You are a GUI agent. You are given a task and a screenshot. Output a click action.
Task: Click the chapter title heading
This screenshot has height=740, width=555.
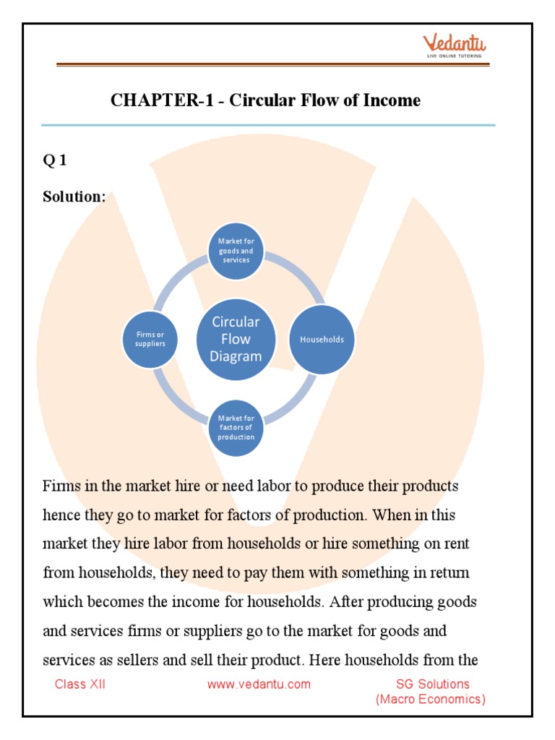coord(265,100)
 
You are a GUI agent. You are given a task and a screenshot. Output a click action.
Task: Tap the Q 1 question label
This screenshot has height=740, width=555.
coord(55,161)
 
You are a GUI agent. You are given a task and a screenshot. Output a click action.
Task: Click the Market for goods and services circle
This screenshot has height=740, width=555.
coord(236,251)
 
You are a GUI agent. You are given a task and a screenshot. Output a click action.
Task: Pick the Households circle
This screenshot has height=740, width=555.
coord(322,339)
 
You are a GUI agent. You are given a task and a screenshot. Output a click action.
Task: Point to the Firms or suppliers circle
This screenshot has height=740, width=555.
coord(150,339)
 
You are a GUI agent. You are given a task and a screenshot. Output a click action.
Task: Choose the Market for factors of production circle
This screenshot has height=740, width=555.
coord(236,427)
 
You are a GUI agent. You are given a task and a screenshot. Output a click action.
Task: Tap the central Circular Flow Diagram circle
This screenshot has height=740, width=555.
coord(236,339)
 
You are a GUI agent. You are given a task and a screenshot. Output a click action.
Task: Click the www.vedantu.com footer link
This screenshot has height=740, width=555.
coord(259,684)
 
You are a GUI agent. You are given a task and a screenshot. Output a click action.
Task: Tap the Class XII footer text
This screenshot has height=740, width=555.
coord(80,684)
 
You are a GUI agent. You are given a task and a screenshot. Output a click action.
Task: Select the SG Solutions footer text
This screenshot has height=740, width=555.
coord(432,684)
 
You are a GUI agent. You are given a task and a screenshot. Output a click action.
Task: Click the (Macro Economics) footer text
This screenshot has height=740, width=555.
coord(430,699)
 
